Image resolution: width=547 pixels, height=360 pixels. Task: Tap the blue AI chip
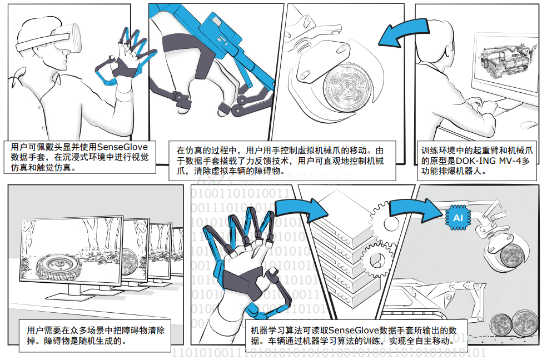458,218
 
